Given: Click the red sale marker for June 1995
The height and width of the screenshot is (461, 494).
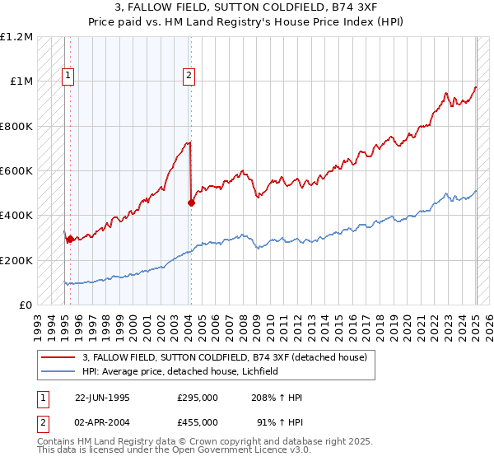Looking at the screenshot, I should click(x=70, y=239).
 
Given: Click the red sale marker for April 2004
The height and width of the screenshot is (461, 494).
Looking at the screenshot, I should click(x=191, y=203).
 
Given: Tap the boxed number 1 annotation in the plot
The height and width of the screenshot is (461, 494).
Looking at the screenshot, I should click(x=68, y=77).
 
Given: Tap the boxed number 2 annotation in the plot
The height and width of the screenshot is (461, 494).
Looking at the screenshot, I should click(x=189, y=77).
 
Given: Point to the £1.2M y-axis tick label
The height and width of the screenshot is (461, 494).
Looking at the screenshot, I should click(x=16, y=37).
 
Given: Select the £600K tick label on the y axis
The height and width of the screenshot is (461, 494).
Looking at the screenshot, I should click(x=16, y=171).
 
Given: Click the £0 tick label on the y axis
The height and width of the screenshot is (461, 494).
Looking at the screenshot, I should click(x=25, y=305).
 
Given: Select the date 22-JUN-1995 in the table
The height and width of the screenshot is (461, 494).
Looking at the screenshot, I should click(x=102, y=398).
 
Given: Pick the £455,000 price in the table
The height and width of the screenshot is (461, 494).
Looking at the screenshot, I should click(x=198, y=422).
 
